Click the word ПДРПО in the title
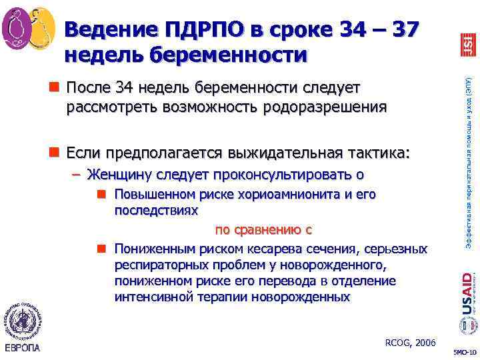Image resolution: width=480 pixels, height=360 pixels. click(x=201, y=30)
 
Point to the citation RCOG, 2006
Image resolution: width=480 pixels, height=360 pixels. click(x=410, y=343)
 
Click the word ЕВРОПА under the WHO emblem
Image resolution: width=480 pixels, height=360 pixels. click(x=21, y=347)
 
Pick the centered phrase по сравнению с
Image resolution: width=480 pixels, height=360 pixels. click(x=263, y=230)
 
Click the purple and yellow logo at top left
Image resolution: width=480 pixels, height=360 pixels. click(x=28, y=27)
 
